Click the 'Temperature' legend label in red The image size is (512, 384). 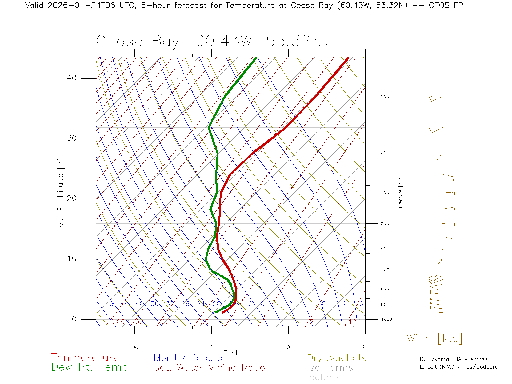coord(85,357)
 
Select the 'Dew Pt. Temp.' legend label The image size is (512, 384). coord(91,367)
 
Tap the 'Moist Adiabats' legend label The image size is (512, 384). coord(188,358)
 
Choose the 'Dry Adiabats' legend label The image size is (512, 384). coord(337,358)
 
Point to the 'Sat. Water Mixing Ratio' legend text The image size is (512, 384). coord(209,368)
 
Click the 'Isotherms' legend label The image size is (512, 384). coord(330,368)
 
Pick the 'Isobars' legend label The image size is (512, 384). coord(324,377)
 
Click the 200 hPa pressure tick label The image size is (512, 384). coord(385,97)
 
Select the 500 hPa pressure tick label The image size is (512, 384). coord(385,223)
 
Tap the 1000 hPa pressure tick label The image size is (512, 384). coord(386,319)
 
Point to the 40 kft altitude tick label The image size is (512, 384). coord(71,78)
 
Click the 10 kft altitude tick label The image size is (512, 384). coord(71,259)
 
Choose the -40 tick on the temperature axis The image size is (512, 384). coord(134,347)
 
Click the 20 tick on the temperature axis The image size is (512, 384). coord(365,347)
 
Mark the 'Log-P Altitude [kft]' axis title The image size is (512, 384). coord(61,192)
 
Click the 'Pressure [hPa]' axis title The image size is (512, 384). coord(400,191)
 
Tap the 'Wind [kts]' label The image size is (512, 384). coord(434,338)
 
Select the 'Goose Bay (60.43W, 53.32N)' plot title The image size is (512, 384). coord(212,41)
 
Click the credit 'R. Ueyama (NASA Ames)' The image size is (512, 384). coord(453,359)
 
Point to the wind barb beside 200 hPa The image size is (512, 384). coord(436,99)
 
